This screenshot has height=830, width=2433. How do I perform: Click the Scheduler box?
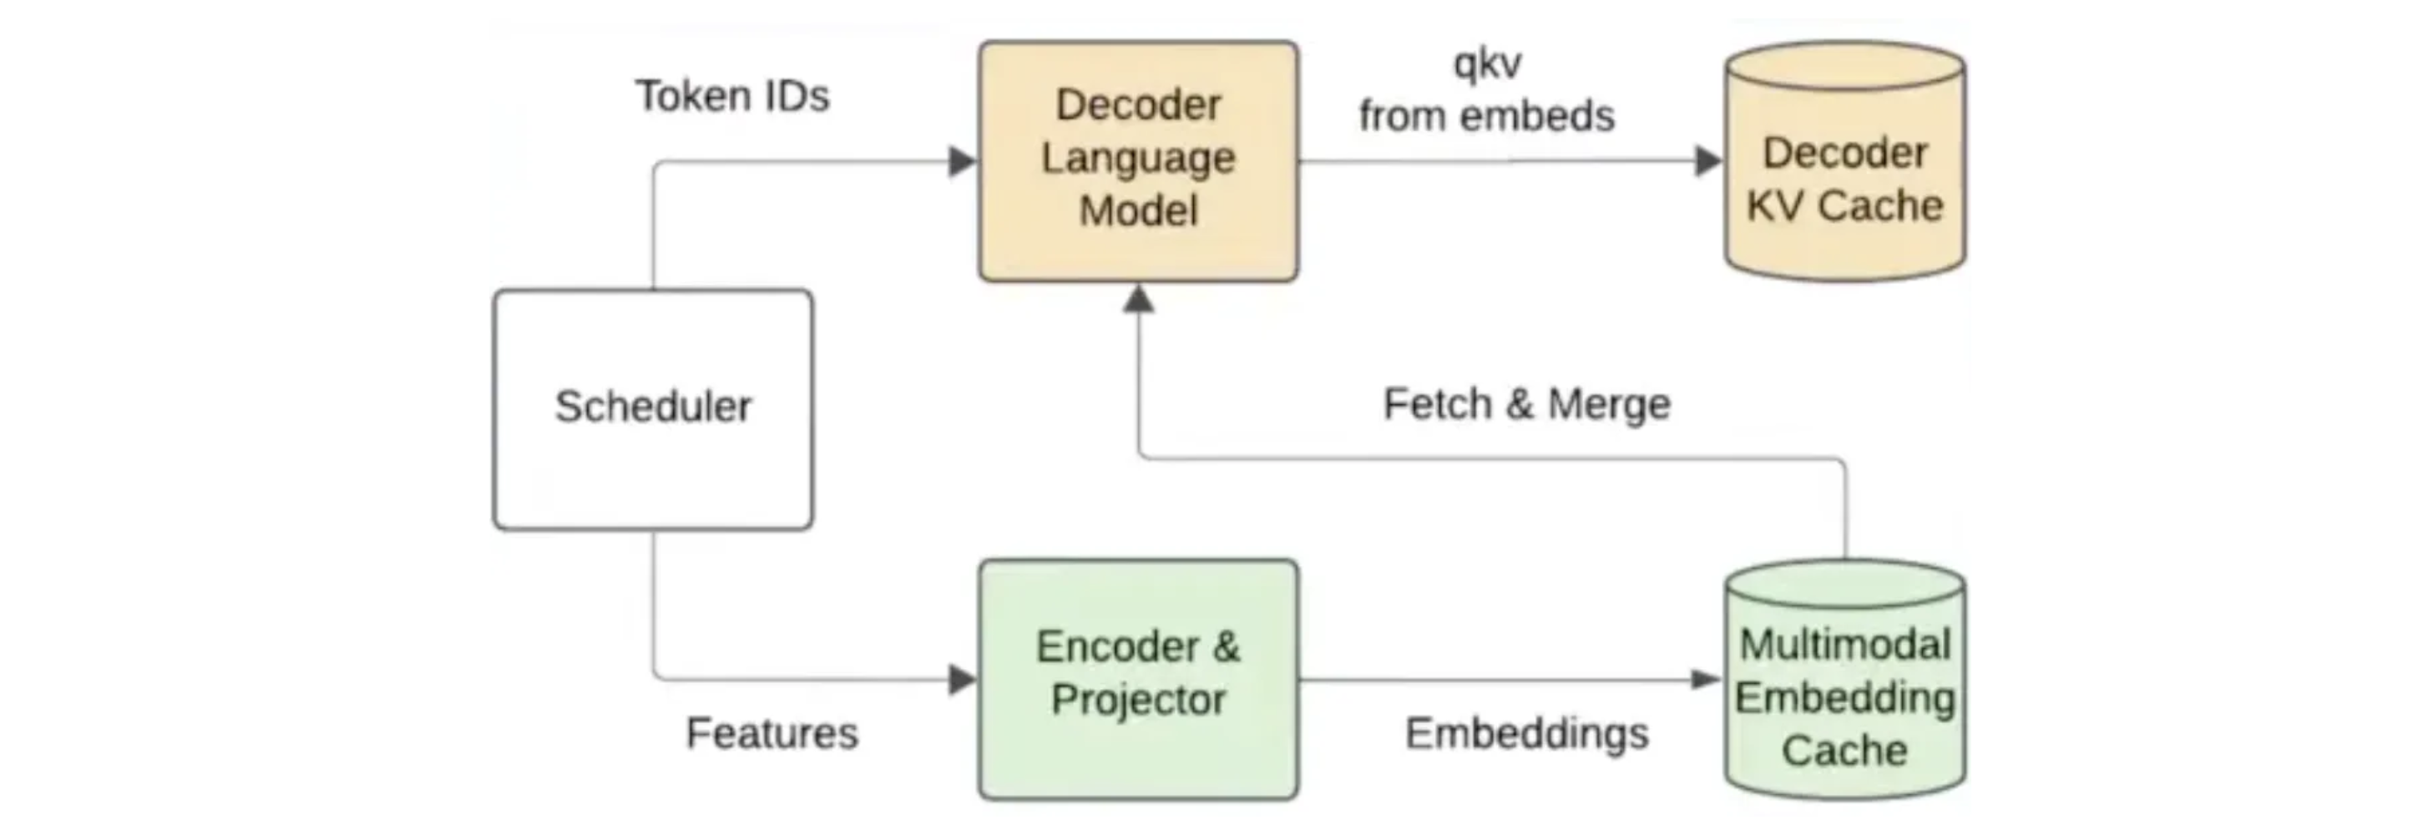(653, 409)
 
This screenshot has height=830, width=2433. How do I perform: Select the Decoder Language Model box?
(1138, 160)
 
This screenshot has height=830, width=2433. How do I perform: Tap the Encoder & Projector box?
(1138, 679)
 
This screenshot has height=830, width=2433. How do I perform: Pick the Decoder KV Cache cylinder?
(1844, 161)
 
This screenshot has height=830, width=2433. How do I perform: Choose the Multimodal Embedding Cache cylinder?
(1844, 680)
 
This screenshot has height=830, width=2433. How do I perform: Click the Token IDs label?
(732, 95)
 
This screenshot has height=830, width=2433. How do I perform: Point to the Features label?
(771, 733)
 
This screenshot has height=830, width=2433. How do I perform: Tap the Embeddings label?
(1526, 734)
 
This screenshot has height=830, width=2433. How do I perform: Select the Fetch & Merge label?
(1526, 404)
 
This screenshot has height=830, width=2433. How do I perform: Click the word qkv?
(1488, 64)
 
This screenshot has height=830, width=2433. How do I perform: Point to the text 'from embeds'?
(1487, 115)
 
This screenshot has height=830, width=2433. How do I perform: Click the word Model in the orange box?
(1138, 210)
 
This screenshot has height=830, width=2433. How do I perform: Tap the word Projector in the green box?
(1138, 700)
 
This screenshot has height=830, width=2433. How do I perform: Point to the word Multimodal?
(1844, 645)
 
